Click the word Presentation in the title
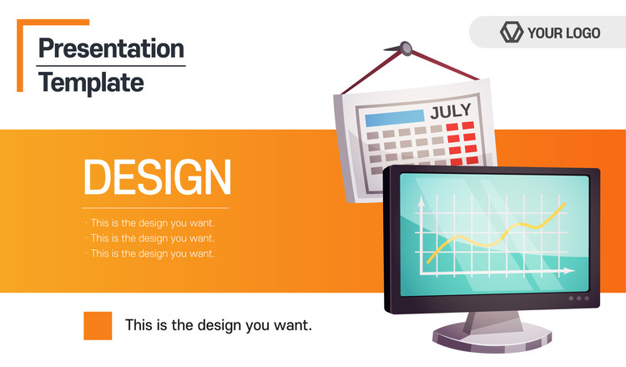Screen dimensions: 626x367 (x=111, y=48)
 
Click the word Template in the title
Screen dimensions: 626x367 (x=91, y=83)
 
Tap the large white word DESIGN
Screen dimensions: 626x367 (x=157, y=176)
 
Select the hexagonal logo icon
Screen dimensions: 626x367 (x=512, y=32)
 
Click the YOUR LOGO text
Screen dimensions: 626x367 (x=563, y=33)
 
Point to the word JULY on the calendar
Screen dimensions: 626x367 (x=451, y=111)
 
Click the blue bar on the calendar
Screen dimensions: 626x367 (x=395, y=118)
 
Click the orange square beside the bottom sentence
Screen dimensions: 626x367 (x=98, y=326)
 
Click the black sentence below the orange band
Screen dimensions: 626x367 (x=219, y=325)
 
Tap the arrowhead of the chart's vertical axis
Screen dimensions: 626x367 (x=421, y=201)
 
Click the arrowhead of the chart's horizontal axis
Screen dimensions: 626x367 (x=568, y=271)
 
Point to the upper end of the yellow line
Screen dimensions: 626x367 (x=564, y=203)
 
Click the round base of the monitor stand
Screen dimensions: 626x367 (x=492, y=337)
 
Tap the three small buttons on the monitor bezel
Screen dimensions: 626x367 (x=579, y=298)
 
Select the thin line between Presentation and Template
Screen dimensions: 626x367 (x=111, y=66)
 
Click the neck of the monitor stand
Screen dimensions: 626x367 (x=493, y=322)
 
